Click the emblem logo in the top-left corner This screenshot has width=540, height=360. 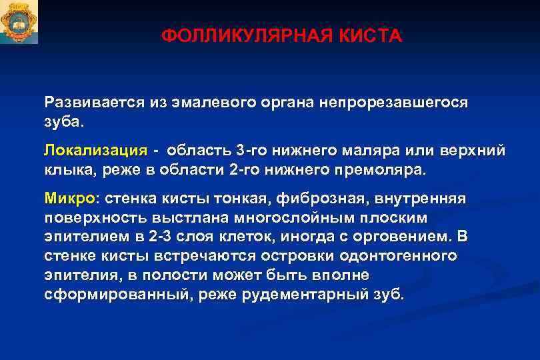pos(19,23)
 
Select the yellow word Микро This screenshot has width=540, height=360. pos(70,198)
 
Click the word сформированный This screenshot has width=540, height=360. pos(113,293)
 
